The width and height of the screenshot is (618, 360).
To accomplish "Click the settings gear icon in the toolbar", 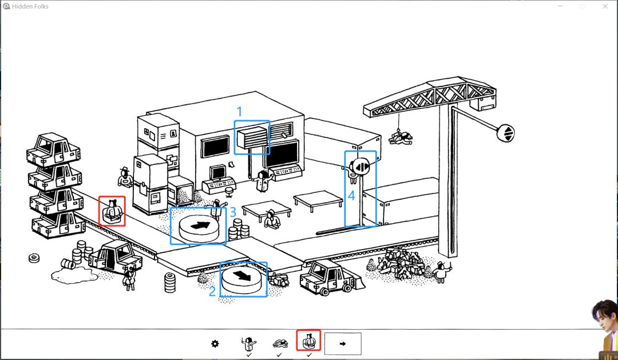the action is (x=215, y=344).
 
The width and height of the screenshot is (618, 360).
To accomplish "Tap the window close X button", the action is (x=605, y=6).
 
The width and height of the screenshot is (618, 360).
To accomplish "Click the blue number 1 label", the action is (x=239, y=112).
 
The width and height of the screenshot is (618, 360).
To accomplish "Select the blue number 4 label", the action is (x=351, y=195).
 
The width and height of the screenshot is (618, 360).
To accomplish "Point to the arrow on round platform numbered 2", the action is (x=242, y=275).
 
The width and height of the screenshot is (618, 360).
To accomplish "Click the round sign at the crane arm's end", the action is (x=506, y=133).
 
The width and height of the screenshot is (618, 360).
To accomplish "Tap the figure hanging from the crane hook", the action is (x=401, y=138).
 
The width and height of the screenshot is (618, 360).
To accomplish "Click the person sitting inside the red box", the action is (x=112, y=211).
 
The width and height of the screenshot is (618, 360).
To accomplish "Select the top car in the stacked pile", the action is (x=53, y=149).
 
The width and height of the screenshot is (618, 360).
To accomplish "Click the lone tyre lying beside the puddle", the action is (x=34, y=258).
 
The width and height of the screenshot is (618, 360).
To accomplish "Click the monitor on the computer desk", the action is (x=217, y=173).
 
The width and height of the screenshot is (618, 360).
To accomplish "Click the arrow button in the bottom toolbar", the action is (x=343, y=343).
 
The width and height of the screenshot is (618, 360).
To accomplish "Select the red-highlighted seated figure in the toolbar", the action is (x=308, y=341).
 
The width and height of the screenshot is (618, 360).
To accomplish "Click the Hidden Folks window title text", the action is (x=30, y=6).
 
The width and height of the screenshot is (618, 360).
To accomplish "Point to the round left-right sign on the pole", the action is (x=361, y=167).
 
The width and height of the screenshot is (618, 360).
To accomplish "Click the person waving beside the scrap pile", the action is (x=441, y=272).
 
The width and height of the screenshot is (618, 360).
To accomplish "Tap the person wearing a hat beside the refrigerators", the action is (x=125, y=177).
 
